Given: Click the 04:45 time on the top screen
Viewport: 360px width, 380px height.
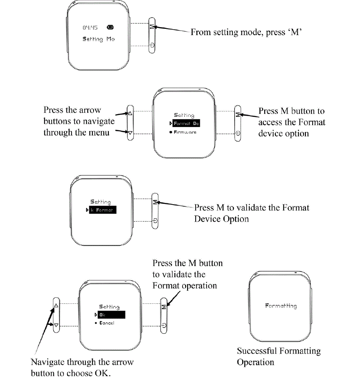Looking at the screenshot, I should (x=90, y=28).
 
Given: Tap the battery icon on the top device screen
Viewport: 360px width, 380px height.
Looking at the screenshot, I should (x=110, y=28).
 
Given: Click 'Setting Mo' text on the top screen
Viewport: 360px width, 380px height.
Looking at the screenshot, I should (x=98, y=39).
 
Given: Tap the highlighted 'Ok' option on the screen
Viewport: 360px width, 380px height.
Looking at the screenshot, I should (x=111, y=315).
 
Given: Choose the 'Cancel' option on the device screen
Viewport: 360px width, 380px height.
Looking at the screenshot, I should (x=106, y=323).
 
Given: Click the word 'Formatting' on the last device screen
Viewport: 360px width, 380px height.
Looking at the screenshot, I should (x=281, y=305).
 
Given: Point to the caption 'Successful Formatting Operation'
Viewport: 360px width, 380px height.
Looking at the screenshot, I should (x=278, y=356).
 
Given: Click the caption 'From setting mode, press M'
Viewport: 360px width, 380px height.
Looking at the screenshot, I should (x=245, y=32).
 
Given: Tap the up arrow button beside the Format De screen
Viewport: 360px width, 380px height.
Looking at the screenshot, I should (x=130, y=114).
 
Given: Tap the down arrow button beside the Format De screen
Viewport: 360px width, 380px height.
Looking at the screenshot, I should (x=130, y=133).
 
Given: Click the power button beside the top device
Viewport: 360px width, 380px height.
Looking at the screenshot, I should (x=152, y=45).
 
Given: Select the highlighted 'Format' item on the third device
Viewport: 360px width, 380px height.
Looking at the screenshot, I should (x=102, y=210).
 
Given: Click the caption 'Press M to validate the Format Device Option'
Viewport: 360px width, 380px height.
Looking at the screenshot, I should (x=252, y=213).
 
